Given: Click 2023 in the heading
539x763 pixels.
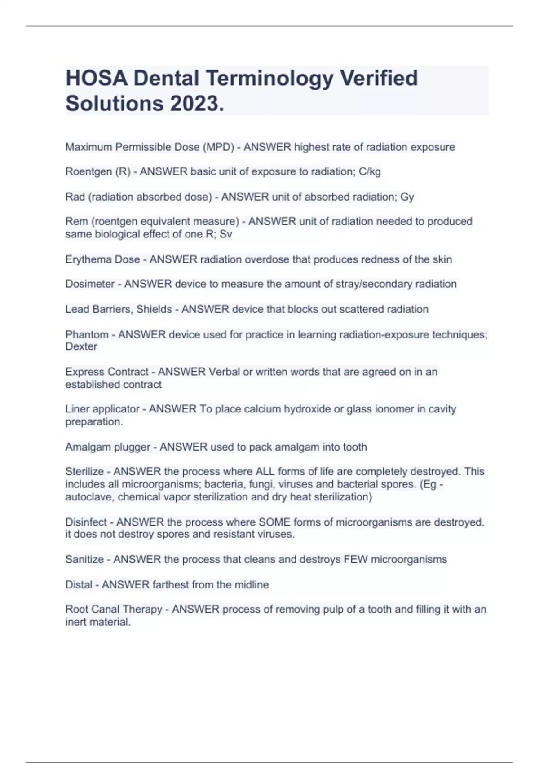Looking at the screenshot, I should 196,104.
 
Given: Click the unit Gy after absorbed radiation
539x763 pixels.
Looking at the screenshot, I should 407,197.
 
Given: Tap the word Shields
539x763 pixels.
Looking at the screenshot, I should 154,309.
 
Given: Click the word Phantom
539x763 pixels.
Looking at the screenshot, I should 87,334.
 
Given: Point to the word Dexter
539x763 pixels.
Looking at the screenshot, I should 81,346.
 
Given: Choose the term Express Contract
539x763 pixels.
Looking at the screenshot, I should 106,372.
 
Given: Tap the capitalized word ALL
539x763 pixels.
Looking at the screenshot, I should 265,472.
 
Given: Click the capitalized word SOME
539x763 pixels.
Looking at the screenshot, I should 274,522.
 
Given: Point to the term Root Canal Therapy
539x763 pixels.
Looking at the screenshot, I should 114,610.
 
